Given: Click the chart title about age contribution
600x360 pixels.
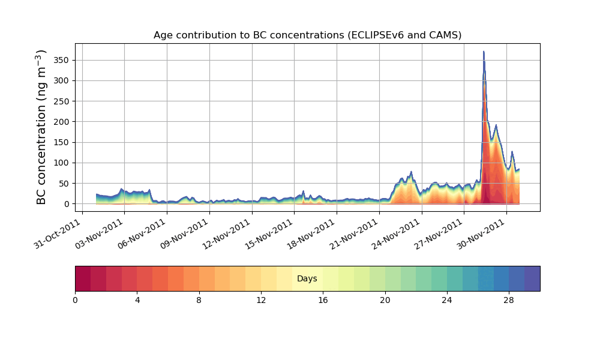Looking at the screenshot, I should (307, 35).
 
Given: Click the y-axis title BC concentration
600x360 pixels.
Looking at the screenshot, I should (41, 127).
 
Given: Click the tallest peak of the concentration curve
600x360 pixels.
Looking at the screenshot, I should (484, 52).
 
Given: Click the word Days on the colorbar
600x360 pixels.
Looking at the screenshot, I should (307, 279).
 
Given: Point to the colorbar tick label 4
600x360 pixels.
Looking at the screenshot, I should (137, 300).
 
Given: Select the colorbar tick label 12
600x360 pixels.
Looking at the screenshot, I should (261, 300).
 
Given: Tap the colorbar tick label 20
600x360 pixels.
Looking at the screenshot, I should (385, 300).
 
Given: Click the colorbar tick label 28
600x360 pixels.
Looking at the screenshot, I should (509, 300).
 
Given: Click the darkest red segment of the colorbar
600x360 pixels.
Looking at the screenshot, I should (83, 278).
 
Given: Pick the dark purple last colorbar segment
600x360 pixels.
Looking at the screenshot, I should (532, 278).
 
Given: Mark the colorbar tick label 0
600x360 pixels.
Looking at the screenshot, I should (75, 300).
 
